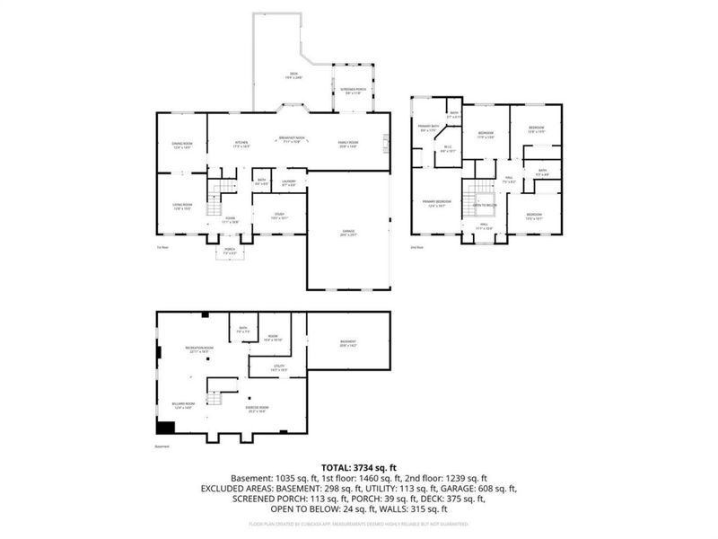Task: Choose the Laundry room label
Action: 289,183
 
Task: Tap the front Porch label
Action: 230,252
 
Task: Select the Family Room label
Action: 348,145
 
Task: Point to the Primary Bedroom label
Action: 438,203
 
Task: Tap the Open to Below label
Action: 486,205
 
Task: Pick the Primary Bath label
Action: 428,129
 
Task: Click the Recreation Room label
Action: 199,349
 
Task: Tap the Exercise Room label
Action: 258,409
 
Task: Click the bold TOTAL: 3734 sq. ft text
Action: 359,467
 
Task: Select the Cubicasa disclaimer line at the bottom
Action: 359,522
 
